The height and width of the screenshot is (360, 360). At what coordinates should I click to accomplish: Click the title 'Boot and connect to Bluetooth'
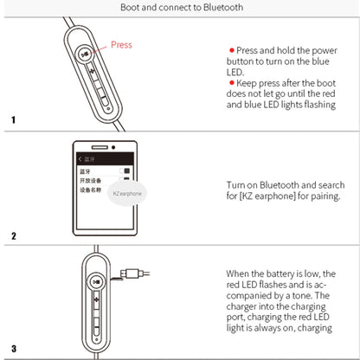tap(180, 8)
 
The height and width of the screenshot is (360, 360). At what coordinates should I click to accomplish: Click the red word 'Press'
tap(121, 44)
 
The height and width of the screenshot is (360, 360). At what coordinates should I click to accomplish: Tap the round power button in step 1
tap(82, 53)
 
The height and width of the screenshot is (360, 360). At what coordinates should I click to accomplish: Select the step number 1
tap(13, 119)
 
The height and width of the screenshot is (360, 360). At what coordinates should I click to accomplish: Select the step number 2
tap(13, 235)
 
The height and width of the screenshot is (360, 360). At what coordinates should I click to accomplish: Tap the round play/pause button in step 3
tap(95, 281)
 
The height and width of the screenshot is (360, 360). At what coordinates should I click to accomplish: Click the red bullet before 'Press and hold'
tap(231, 52)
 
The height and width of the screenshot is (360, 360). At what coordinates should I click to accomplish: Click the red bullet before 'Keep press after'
tap(231, 82)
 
